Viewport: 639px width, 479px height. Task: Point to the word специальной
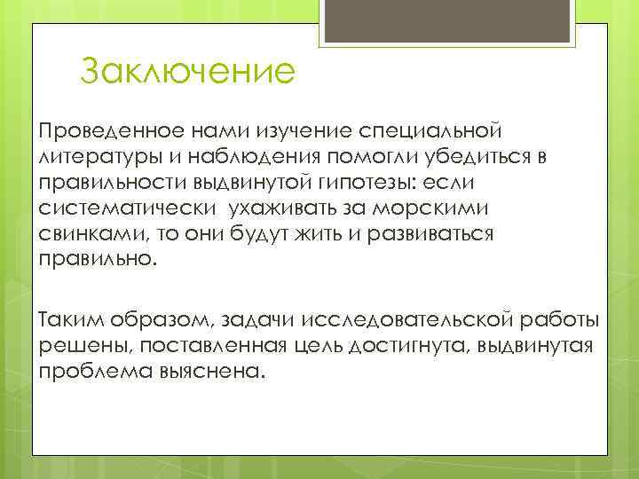pos(428,131)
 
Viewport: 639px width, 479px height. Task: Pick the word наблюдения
pos(256,157)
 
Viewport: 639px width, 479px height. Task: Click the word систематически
pos(127,208)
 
